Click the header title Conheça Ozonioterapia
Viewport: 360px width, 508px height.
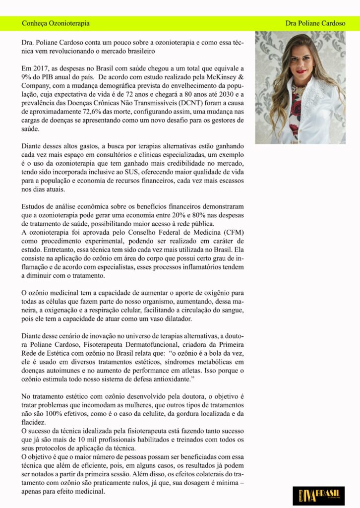56,23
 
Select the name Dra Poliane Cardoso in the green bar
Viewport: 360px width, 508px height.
315,23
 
